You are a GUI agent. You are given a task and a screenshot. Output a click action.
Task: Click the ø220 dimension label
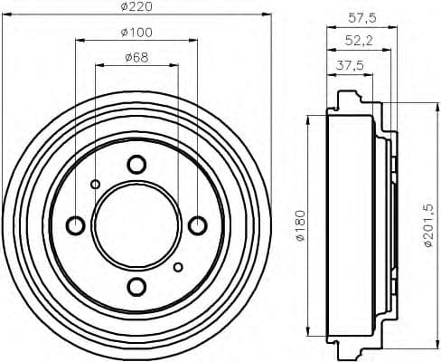(x=137, y=7)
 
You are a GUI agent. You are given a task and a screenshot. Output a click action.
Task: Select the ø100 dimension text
(x=136, y=33)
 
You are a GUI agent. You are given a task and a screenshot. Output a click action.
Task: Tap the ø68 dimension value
(x=136, y=60)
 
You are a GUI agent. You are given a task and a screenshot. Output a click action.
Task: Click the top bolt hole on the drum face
(x=136, y=165)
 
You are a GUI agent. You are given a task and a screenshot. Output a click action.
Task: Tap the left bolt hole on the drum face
(x=76, y=224)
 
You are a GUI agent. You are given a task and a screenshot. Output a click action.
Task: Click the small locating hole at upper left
(x=96, y=184)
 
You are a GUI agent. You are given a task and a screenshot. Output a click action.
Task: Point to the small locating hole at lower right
(x=178, y=266)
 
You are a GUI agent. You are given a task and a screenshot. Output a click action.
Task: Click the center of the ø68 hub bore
(x=136, y=224)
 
